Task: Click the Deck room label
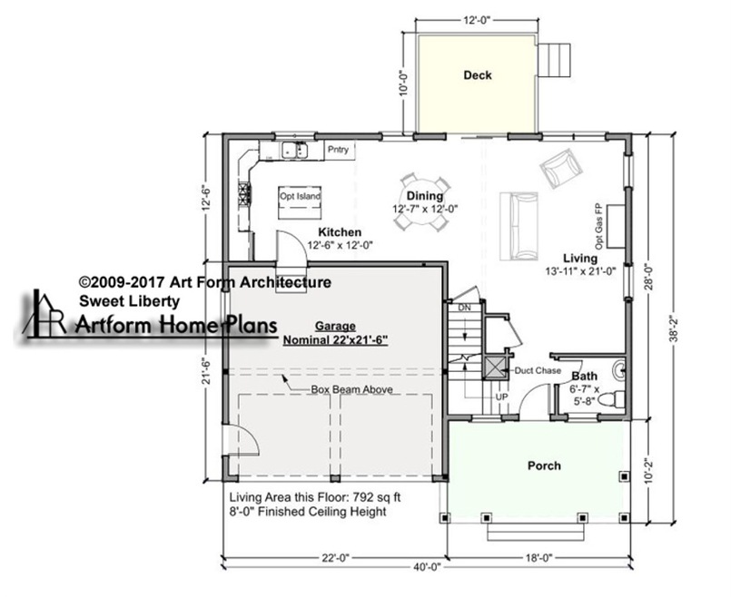click(478, 75)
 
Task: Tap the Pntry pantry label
click(338, 150)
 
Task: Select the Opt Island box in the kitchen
click(300, 202)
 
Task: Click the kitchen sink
click(295, 151)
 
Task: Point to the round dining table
click(424, 202)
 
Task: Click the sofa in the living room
click(519, 226)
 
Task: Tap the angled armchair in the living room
click(561, 168)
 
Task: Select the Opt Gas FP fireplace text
click(599, 226)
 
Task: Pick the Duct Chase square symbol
click(494, 367)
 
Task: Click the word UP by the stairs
click(501, 397)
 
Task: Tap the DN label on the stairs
click(464, 308)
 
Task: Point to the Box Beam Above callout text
click(351, 389)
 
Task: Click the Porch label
click(544, 465)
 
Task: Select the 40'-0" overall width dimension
click(427, 567)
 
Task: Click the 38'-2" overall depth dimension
click(674, 328)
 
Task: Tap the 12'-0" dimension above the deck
click(477, 20)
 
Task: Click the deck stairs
click(555, 60)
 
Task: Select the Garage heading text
click(335, 326)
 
